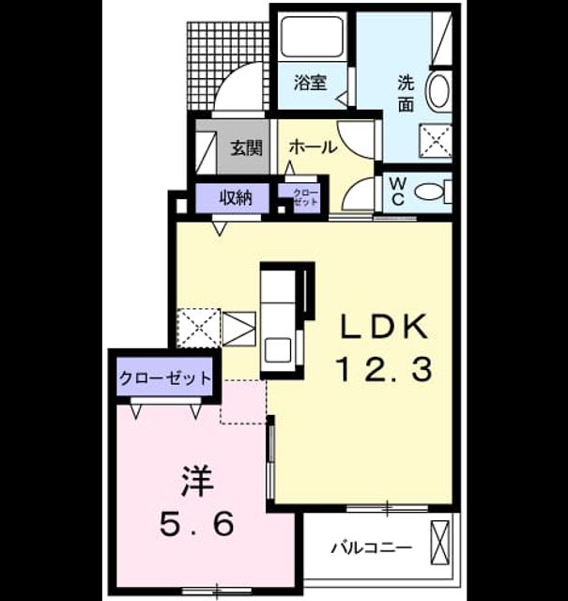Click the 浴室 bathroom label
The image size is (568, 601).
[x=310, y=83]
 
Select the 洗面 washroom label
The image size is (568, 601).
[x=406, y=93]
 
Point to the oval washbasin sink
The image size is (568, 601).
[x=438, y=91]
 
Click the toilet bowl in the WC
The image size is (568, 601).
[x=428, y=192]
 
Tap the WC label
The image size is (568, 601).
[x=398, y=192]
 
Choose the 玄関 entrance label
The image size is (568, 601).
[x=246, y=147]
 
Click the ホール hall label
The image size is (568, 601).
[x=313, y=146]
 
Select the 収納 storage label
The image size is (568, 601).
[x=236, y=198]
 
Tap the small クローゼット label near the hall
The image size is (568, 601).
[x=305, y=197]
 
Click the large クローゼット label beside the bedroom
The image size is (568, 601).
[x=165, y=378]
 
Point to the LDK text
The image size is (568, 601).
[x=384, y=326]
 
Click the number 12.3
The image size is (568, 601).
[x=384, y=369]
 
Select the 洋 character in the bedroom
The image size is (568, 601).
[x=197, y=482]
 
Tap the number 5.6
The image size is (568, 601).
[x=196, y=524]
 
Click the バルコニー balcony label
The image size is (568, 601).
[x=372, y=547]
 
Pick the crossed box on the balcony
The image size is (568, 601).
[x=440, y=543]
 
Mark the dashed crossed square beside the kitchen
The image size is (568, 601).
[x=198, y=328]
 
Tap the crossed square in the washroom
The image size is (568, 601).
[x=436, y=141]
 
